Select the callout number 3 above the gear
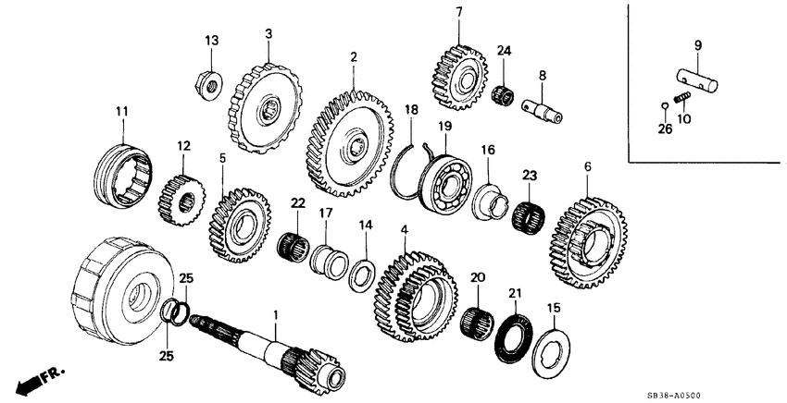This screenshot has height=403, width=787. click(x=269, y=33)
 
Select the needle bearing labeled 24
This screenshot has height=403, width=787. click(x=504, y=93)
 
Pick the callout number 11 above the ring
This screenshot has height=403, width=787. click(x=120, y=112)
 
